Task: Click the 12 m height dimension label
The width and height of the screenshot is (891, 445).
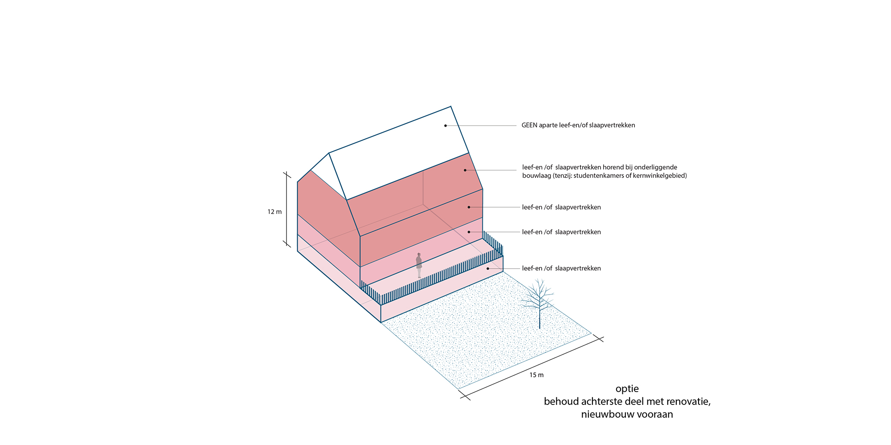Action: pyautogui.click(x=274, y=212)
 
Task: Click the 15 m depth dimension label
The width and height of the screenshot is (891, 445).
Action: pyautogui.click(x=536, y=375)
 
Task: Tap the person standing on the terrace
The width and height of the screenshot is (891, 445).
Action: pyautogui.click(x=419, y=266)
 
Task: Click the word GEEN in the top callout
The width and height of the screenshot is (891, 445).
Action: pyautogui.click(x=529, y=125)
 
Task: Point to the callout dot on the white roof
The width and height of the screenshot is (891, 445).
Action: pyautogui.click(x=445, y=125)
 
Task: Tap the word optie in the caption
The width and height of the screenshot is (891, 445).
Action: pyautogui.click(x=627, y=389)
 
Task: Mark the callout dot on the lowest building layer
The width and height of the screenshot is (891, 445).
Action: pyautogui.click(x=488, y=268)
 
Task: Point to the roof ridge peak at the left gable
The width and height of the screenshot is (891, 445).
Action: pyautogui.click(x=329, y=153)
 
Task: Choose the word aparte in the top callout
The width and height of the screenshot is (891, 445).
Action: pyautogui.click(x=548, y=125)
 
